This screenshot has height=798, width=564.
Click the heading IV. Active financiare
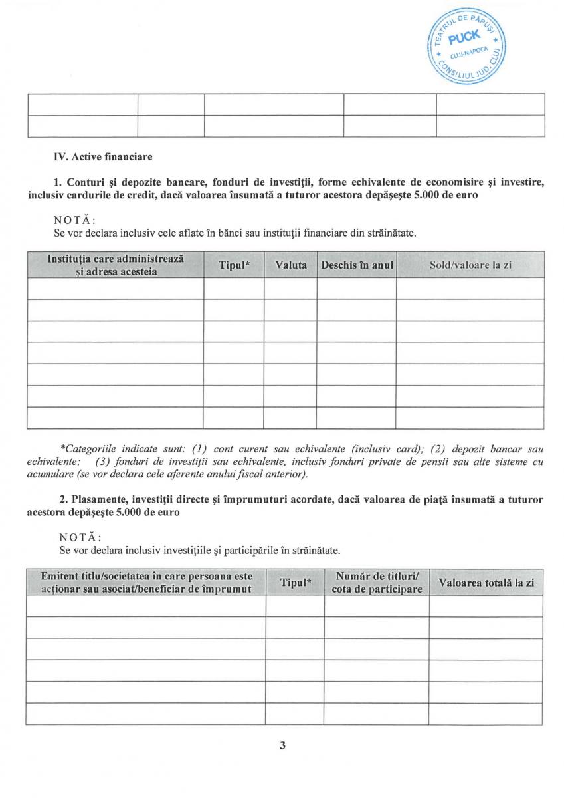(103, 158)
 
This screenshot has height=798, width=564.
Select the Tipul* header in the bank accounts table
(234, 265)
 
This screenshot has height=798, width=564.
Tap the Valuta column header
(291, 265)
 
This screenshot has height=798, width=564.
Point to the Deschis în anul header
(357, 265)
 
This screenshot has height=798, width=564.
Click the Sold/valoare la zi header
(470, 265)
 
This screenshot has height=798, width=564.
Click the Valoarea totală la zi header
(486, 583)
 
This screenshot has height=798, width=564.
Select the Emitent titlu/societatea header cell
(146, 583)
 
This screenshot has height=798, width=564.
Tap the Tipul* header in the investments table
(296, 583)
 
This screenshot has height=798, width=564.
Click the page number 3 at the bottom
(282, 745)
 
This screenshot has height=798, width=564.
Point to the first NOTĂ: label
(74, 221)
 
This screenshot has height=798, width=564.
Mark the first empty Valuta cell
(291, 288)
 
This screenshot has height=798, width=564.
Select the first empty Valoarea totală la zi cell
(486, 606)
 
